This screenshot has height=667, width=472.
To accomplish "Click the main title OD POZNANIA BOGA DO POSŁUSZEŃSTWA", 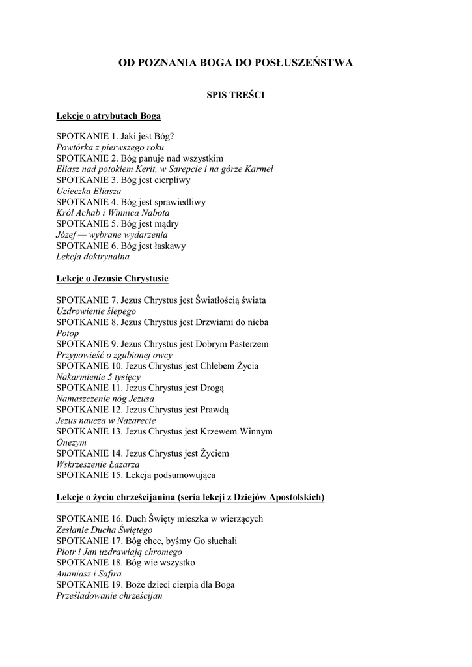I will click(235, 63).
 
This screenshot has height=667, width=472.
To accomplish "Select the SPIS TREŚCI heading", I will click(235, 95).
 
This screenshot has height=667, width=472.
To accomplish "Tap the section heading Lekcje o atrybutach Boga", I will click(108, 116).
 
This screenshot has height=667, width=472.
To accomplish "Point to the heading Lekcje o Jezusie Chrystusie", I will click(112, 279).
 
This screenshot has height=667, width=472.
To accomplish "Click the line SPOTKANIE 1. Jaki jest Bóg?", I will click(115, 137).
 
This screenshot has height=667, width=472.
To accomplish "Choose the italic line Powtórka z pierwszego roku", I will click(109, 147).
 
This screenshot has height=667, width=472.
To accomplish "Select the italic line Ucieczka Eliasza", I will click(89, 191).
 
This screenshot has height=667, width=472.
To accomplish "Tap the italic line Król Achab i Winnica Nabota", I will click(113, 213).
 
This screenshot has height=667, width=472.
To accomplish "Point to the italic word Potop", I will click(67, 333).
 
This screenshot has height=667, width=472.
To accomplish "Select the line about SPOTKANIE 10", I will click(157, 365).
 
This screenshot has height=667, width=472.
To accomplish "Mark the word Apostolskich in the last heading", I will click(296, 497).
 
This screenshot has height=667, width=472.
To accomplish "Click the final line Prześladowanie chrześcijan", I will click(109, 595).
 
